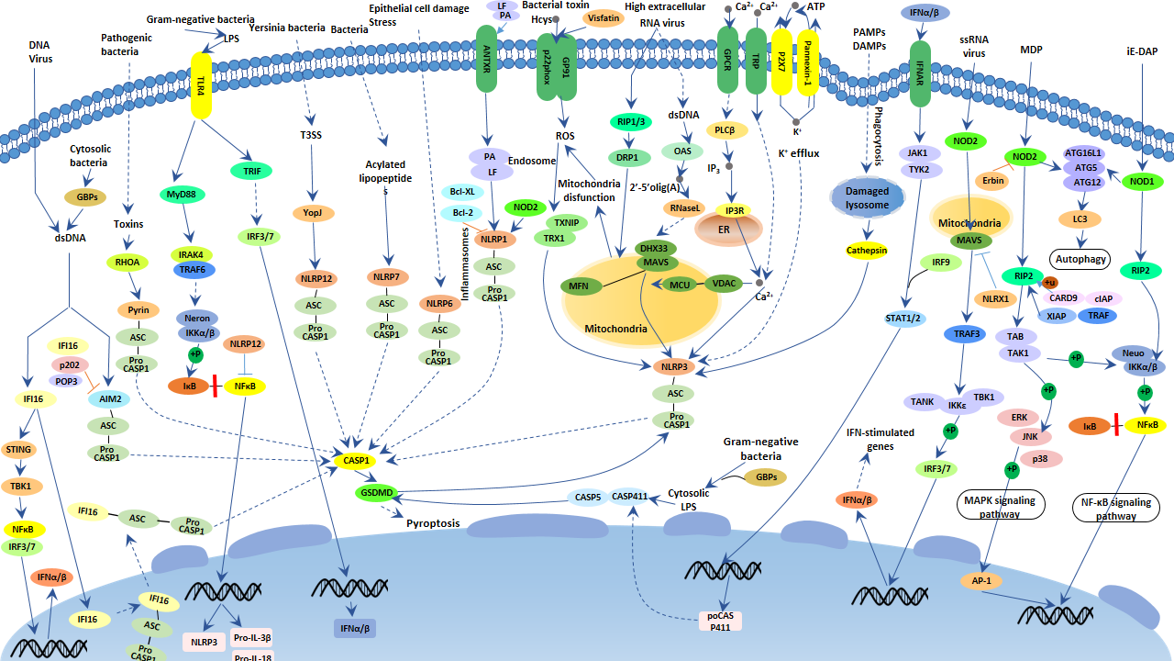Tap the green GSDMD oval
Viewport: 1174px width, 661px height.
click(x=376, y=493)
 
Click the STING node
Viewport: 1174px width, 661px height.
click(x=18, y=449)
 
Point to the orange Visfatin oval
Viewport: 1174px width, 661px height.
click(x=603, y=18)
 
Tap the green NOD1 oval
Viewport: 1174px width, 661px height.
click(x=1142, y=182)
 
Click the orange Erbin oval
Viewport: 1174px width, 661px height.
click(x=992, y=180)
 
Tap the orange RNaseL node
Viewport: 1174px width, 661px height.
click(x=684, y=207)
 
